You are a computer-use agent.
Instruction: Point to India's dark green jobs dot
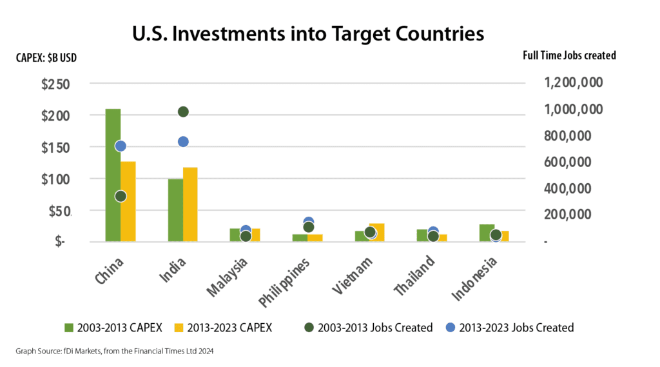pyautogui.click(x=183, y=112)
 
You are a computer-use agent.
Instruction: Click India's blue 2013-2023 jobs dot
pyautogui.click(x=183, y=142)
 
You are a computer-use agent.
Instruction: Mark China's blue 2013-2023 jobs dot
pyautogui.click(x=121, y=146)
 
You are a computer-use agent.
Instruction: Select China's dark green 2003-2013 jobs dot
pyautogui.click(x=121, y=196)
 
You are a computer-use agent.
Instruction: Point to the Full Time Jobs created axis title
pyautogui.click(x=569, y=55)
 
